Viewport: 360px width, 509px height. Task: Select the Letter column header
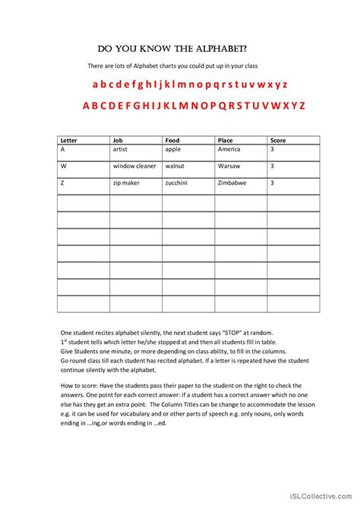[x=68, y=141]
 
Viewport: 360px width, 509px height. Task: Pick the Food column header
[x=172, y=141]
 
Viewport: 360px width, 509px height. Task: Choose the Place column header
[x=225, y=141]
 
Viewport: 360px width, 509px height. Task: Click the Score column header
[x=278, y=141]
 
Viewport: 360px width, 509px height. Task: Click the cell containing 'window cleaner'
[x=134, y=166]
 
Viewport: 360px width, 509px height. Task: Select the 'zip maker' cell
[x=126, y=183]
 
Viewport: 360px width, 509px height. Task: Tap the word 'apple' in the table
[x=173, y=150]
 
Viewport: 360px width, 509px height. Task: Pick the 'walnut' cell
[x=175, y=166]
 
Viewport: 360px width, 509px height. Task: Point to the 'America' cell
[x=229, y=150]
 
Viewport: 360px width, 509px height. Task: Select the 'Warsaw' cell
[x=228, y=166]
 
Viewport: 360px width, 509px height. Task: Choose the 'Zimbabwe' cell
[x=232, y=183]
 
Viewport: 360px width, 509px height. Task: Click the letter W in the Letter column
[x=63, y=166]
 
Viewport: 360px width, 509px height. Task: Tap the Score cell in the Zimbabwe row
[x=272, y=183]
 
